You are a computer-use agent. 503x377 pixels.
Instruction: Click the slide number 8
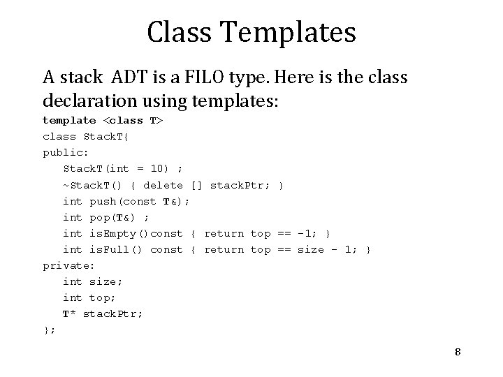(458, 351)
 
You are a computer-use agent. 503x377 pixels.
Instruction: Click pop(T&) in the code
(116, 217)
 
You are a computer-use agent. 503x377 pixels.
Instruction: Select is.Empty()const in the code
(136, 233)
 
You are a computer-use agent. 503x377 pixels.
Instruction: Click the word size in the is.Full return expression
(311, 249)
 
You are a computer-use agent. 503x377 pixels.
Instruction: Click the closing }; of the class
(49, 330)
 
